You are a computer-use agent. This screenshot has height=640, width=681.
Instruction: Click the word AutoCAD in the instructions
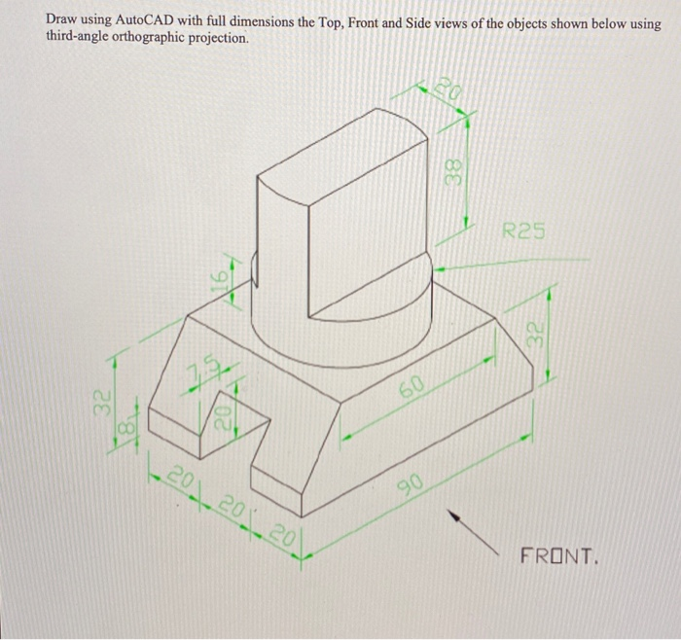(x=148, y=21)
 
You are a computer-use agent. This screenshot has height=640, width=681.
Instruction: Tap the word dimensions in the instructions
(x=265, y=21)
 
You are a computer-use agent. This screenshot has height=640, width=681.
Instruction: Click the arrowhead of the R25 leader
(x=437, y=263)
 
